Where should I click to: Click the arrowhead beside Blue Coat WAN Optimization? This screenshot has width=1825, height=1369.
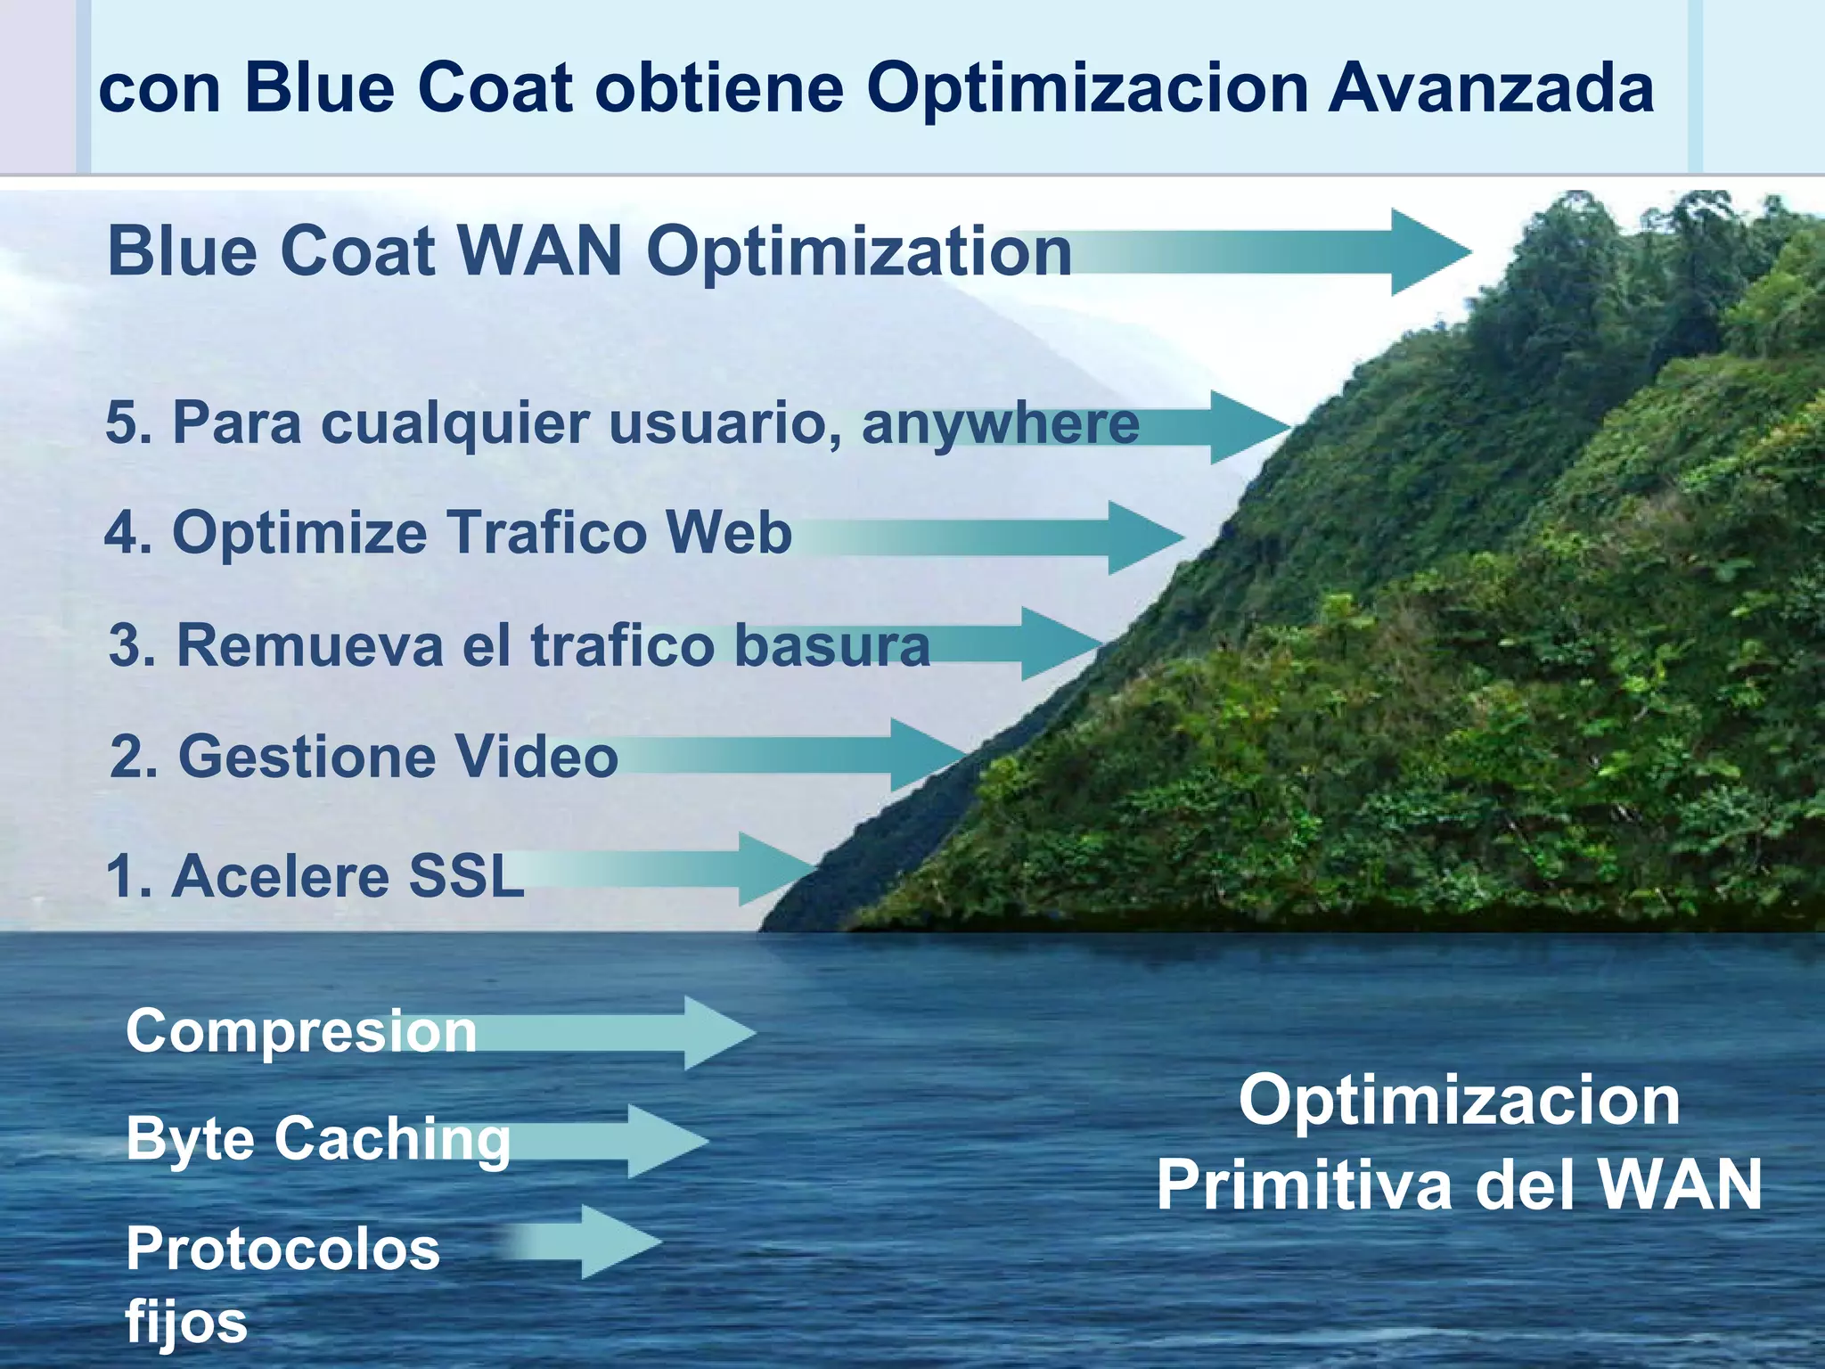(1426, 252)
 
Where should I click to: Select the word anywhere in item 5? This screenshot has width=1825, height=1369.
(1000, 423)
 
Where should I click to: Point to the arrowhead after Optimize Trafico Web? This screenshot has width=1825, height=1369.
(1142, 537)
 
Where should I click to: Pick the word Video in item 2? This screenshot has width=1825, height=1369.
(536, 758)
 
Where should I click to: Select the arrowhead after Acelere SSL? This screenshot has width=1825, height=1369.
(772, 869)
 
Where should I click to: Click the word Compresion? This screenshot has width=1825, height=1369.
(301, 1032)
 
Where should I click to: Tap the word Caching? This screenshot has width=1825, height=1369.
(392, 1141)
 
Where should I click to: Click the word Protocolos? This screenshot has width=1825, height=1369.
(282, 1250)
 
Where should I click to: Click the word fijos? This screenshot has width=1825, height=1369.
(185, 1323)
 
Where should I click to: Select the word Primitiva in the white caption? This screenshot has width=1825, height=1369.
(1304, 1185)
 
